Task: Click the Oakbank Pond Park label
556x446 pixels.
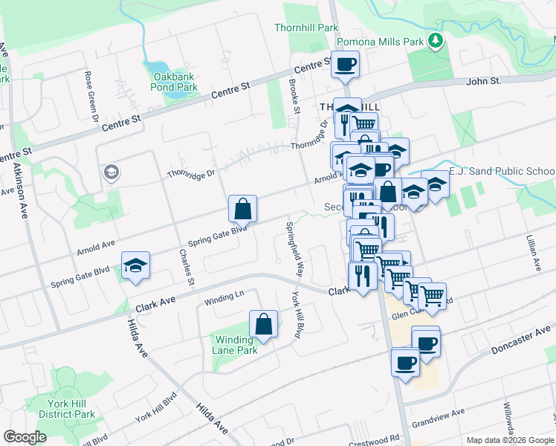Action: point(175,82)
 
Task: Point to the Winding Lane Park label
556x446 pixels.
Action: point(234,345)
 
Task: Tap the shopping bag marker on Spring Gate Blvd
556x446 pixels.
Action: point(243,210)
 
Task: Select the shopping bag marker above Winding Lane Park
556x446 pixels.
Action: point(263,325)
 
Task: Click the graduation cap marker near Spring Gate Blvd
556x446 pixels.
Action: point(136,266)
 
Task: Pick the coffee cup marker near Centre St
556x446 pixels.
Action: point(345,65)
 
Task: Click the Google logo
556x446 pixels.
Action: point(25,437)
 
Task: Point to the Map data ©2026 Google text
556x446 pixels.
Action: point(509,440)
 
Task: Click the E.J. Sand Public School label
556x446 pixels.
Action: point(502,170)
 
